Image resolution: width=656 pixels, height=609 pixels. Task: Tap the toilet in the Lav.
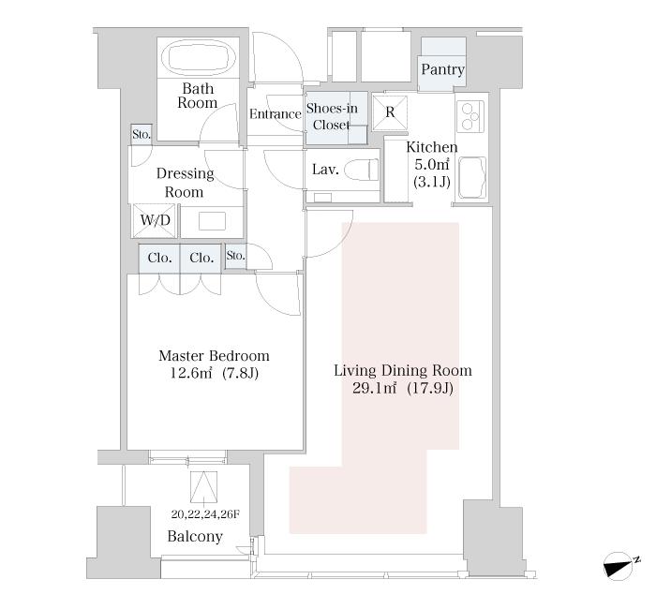coord(362,170)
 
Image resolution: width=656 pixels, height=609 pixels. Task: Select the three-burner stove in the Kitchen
coord(470,116)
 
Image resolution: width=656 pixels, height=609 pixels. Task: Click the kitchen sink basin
coord(472,178)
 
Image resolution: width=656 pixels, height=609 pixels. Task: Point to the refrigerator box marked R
coord(390,112)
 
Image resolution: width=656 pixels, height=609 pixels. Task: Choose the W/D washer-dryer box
coord(155,220)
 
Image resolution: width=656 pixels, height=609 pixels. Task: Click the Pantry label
coord(442,69)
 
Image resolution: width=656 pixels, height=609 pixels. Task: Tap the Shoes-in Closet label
coord(332,117)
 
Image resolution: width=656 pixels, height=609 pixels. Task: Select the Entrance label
coord(276,113)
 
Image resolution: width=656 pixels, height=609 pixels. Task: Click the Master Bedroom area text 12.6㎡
coord(191,373)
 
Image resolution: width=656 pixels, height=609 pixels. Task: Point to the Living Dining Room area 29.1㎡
coord(374,389)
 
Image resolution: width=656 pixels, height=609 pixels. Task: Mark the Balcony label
coord(195,536)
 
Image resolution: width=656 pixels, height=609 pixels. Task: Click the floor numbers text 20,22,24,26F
coord(205,514)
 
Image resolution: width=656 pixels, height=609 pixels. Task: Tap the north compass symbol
coord(620,566)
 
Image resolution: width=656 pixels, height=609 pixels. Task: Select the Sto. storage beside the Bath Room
coord(141,135)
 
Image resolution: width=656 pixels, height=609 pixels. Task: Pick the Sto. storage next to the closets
coord(235,256)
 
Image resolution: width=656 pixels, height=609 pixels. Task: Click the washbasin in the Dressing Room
coord(212,221)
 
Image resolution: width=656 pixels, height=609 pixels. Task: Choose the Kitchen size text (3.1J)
coord(432,182)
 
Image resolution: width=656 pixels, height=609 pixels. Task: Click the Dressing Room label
coord(185,183)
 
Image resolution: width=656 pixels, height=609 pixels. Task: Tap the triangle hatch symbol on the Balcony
coord(203,487)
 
